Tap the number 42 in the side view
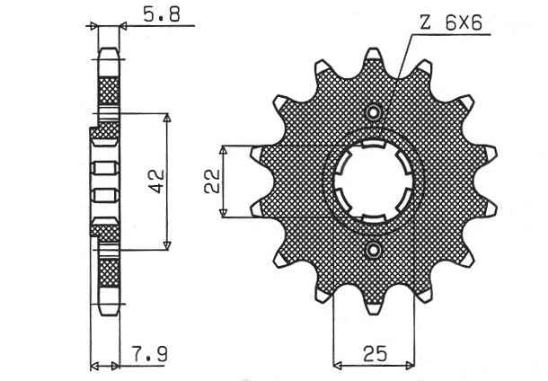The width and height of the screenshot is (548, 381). pos(155,182)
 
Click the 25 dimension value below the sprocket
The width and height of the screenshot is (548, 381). pos(374,353)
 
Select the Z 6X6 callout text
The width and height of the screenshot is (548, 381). pos(454,24)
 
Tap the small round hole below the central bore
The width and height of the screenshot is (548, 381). pos(374,249)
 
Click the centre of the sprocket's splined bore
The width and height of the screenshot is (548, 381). pos(374,181)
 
